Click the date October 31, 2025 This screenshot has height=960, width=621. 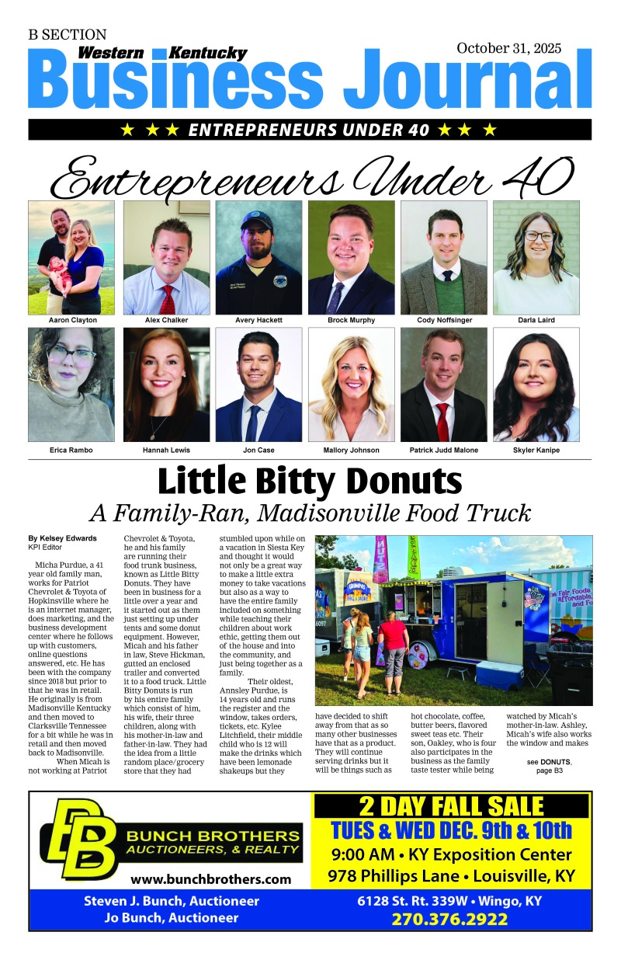(x=508, y=48)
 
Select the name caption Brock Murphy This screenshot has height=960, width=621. (x=351, y=320)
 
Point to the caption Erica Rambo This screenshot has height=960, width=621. (x=71, y=450)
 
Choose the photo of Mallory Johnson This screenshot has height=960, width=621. (x=351, y=384)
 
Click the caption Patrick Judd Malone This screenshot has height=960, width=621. (x=444, y=450)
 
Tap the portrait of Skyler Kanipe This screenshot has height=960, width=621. (x=536, y=384)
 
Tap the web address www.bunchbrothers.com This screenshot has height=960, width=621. (x=210, y=879)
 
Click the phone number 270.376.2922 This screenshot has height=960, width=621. (x=450, y=920)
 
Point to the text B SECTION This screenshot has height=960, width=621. (x=68, y=35)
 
